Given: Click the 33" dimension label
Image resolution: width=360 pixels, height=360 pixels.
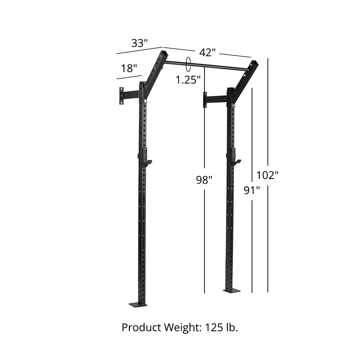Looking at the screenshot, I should coord(139,43).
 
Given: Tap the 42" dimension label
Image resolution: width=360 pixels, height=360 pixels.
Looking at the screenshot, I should coord(207,53).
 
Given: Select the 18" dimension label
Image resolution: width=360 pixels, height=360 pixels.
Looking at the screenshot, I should coord(129,68).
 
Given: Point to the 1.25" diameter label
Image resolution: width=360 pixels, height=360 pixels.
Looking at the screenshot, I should coord(188,80).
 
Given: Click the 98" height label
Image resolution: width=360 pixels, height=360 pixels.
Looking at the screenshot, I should coord(204,180).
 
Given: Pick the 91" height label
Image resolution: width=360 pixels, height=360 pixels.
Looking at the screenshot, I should coord(252,190).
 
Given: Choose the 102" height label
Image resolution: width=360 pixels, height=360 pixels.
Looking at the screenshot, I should coord(267,175).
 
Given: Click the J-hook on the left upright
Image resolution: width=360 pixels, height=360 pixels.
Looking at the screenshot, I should coord(147,162).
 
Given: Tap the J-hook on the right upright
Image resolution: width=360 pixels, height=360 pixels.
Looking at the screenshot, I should coord(235,162).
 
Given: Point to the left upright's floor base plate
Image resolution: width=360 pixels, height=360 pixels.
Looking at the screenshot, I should coord(138,305).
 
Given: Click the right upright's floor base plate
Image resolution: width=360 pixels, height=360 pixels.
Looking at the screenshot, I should coord(231,290).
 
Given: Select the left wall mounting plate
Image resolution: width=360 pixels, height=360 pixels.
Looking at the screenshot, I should coord(122,95).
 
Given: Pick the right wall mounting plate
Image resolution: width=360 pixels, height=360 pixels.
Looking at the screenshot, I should coord(205,100).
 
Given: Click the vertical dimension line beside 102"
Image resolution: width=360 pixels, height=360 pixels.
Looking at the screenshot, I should coord(268,234).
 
